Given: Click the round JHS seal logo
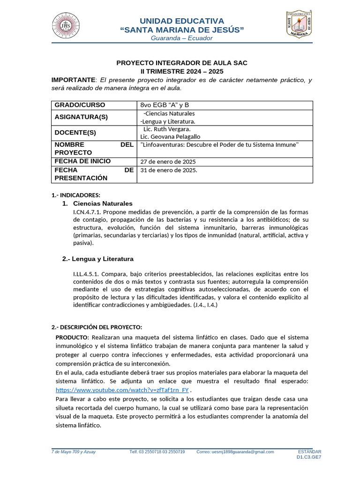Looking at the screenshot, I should [66, 26].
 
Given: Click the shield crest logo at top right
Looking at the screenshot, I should [300, 24].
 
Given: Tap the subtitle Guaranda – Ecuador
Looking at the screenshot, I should [181, 38].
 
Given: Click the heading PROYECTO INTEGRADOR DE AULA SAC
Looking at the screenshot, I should [181, 63].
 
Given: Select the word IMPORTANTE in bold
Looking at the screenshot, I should [73, 80].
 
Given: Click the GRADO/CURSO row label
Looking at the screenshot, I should [80, 105].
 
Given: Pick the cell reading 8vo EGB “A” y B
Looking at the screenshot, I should [168, 105].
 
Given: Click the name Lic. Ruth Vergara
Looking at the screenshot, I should [167, 129].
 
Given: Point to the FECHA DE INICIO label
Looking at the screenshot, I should [82, 161].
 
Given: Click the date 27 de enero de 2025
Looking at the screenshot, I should [168, 162].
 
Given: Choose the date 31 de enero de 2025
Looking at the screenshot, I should [169, 170].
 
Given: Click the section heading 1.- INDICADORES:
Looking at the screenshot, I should [75, 195].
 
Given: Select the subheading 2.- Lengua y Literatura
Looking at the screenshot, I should [98, 259].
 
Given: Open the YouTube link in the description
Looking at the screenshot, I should [122, 390].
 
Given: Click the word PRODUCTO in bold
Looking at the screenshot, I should [72, 337].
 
